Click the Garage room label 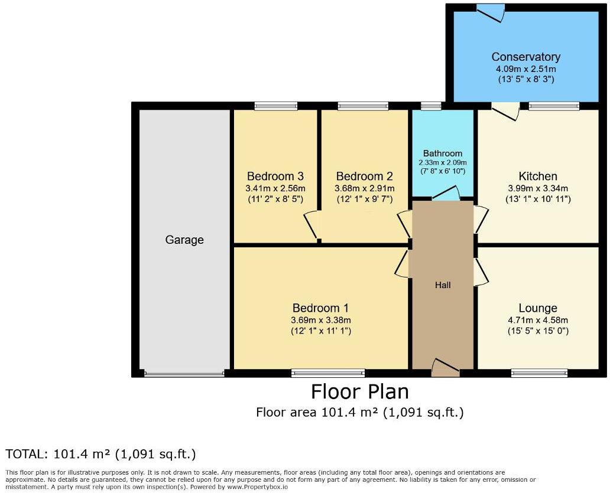[184, 240]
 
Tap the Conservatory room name [525, 57]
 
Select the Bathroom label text [443, 154]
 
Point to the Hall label [443, 285]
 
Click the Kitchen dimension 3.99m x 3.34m [538, 188]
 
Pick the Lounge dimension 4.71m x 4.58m [538, 321]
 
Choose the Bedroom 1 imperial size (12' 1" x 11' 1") [321, 331]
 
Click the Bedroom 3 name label [275, 176]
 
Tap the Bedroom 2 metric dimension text [364, 188]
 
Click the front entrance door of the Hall [445, 368]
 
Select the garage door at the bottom [184, 373]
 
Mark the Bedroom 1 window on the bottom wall [328, 373]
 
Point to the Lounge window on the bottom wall [539, 373]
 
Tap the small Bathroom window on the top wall [431, 106]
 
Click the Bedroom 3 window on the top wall [276, 106]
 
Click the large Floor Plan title [359, 391]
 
